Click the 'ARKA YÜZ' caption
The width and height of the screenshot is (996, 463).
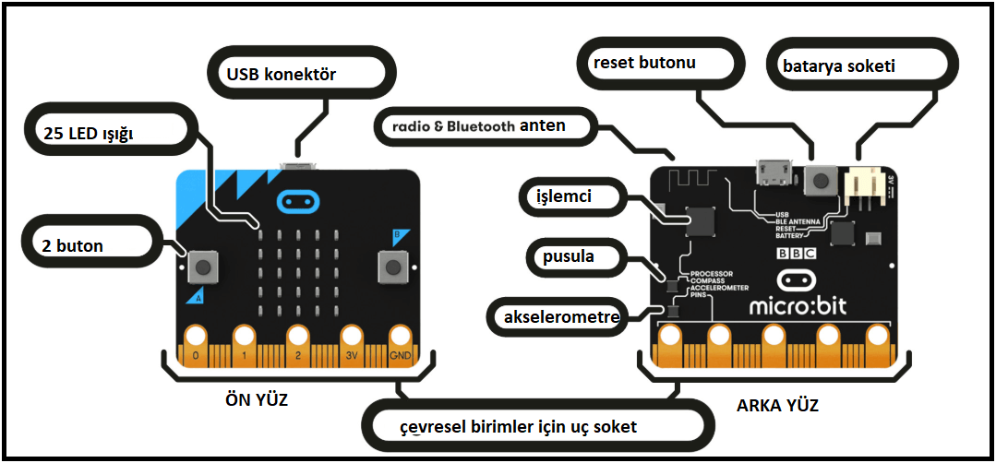[776, 405]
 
